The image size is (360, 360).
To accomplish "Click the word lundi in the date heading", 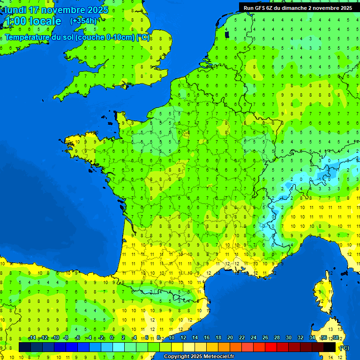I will point(15,10).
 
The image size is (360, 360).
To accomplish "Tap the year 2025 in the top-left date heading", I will point(97,10).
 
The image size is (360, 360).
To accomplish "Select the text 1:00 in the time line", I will point(15,21).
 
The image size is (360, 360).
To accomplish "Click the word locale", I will point(45,21).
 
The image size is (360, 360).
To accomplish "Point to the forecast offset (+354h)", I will point(83,21).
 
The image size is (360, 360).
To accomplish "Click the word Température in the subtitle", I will point(28,37).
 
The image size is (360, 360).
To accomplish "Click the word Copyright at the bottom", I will point(177,357).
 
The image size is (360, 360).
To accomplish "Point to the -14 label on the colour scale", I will point(32,338).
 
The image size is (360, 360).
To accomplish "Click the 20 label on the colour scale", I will point(230,338).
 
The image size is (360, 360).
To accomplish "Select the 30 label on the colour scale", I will point(288,338).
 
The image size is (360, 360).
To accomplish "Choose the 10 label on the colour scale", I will point(171,338).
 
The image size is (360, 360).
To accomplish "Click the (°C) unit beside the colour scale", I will point(344,348).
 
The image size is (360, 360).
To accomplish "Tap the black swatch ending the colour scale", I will point(330,347).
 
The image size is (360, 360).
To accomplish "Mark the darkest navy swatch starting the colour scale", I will point(25,347).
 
